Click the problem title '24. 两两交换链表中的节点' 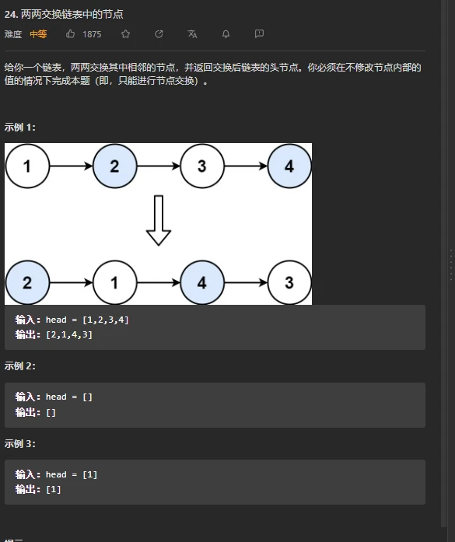64,14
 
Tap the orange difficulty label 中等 38,34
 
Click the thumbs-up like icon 70,33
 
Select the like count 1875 92,34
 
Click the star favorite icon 125,33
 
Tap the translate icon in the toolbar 192,33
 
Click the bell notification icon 226,33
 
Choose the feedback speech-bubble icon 259,33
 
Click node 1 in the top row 27,166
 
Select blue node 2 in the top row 115,166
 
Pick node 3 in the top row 202,166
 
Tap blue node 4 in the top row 290,166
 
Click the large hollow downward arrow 159,221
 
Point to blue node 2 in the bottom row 27,283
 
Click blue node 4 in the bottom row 202,283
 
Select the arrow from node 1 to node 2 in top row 72,166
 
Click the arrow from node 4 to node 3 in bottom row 247,283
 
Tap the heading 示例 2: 19,366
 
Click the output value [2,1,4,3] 69,334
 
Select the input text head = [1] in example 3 72,474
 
